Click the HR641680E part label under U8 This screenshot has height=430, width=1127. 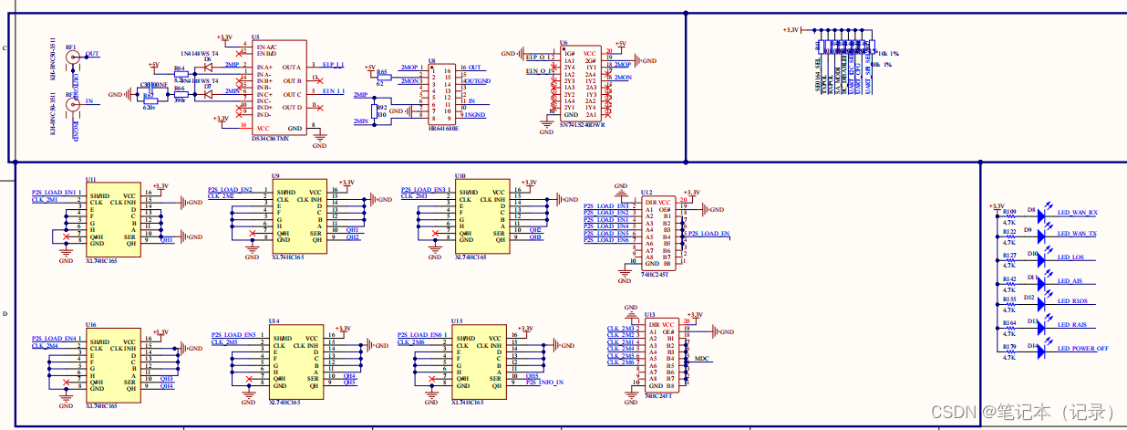[443, 129]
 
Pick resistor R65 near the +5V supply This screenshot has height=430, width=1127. [382, 72]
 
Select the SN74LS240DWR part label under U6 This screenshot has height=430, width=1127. [583, 124]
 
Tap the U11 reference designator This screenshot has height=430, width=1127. [90, 180]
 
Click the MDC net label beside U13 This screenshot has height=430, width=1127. [701, 359]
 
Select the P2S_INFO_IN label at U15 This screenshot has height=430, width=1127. [544, 383]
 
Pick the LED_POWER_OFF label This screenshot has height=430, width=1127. [1082, 349]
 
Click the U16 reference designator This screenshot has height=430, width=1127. [91, 324]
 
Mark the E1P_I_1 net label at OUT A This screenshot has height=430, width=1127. [333, 66]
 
